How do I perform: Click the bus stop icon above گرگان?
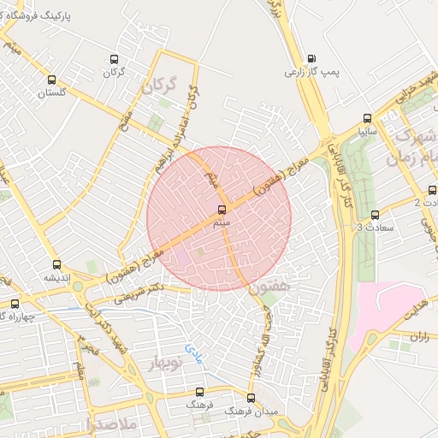114,60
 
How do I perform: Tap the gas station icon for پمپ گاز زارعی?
311,59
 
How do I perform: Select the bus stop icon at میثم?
222,209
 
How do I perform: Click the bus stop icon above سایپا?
368,119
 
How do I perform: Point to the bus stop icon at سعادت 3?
376,215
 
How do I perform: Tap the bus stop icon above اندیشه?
57,264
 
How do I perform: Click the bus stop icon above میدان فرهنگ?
251,398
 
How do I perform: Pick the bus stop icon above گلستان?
50,79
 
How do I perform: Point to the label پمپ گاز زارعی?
312,73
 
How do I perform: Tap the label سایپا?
368,133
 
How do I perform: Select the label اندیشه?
57,278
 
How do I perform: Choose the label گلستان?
50,92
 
